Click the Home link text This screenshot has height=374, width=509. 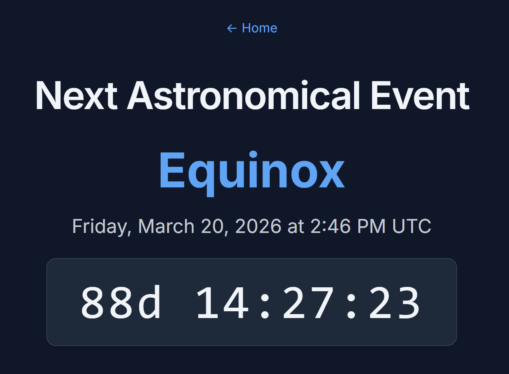259,28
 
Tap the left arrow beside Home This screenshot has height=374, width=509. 232,28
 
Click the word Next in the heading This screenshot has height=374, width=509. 76,96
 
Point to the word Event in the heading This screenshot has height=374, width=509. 420,96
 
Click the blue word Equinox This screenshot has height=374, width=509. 252,171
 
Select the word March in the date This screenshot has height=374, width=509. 166,227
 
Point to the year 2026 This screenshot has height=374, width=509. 258,227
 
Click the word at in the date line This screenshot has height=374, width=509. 296,227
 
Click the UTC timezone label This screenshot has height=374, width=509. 412,227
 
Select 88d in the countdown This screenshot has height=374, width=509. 121,302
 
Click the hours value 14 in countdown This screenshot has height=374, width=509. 222,302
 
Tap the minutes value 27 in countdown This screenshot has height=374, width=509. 308,302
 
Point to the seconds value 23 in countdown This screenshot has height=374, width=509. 394,302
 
